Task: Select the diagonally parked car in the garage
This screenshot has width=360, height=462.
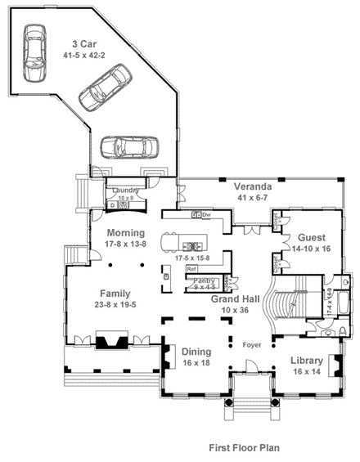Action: pos(103,88)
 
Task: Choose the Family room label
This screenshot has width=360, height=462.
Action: pos(115,293)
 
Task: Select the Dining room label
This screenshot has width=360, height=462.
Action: pos(196,352)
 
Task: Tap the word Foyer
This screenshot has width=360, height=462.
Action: pos(252,344)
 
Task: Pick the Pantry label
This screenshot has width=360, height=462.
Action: pos(201,280)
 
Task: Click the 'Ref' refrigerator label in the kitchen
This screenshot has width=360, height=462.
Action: pos(191,268)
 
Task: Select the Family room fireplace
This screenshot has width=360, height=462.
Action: pos(106,341)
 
